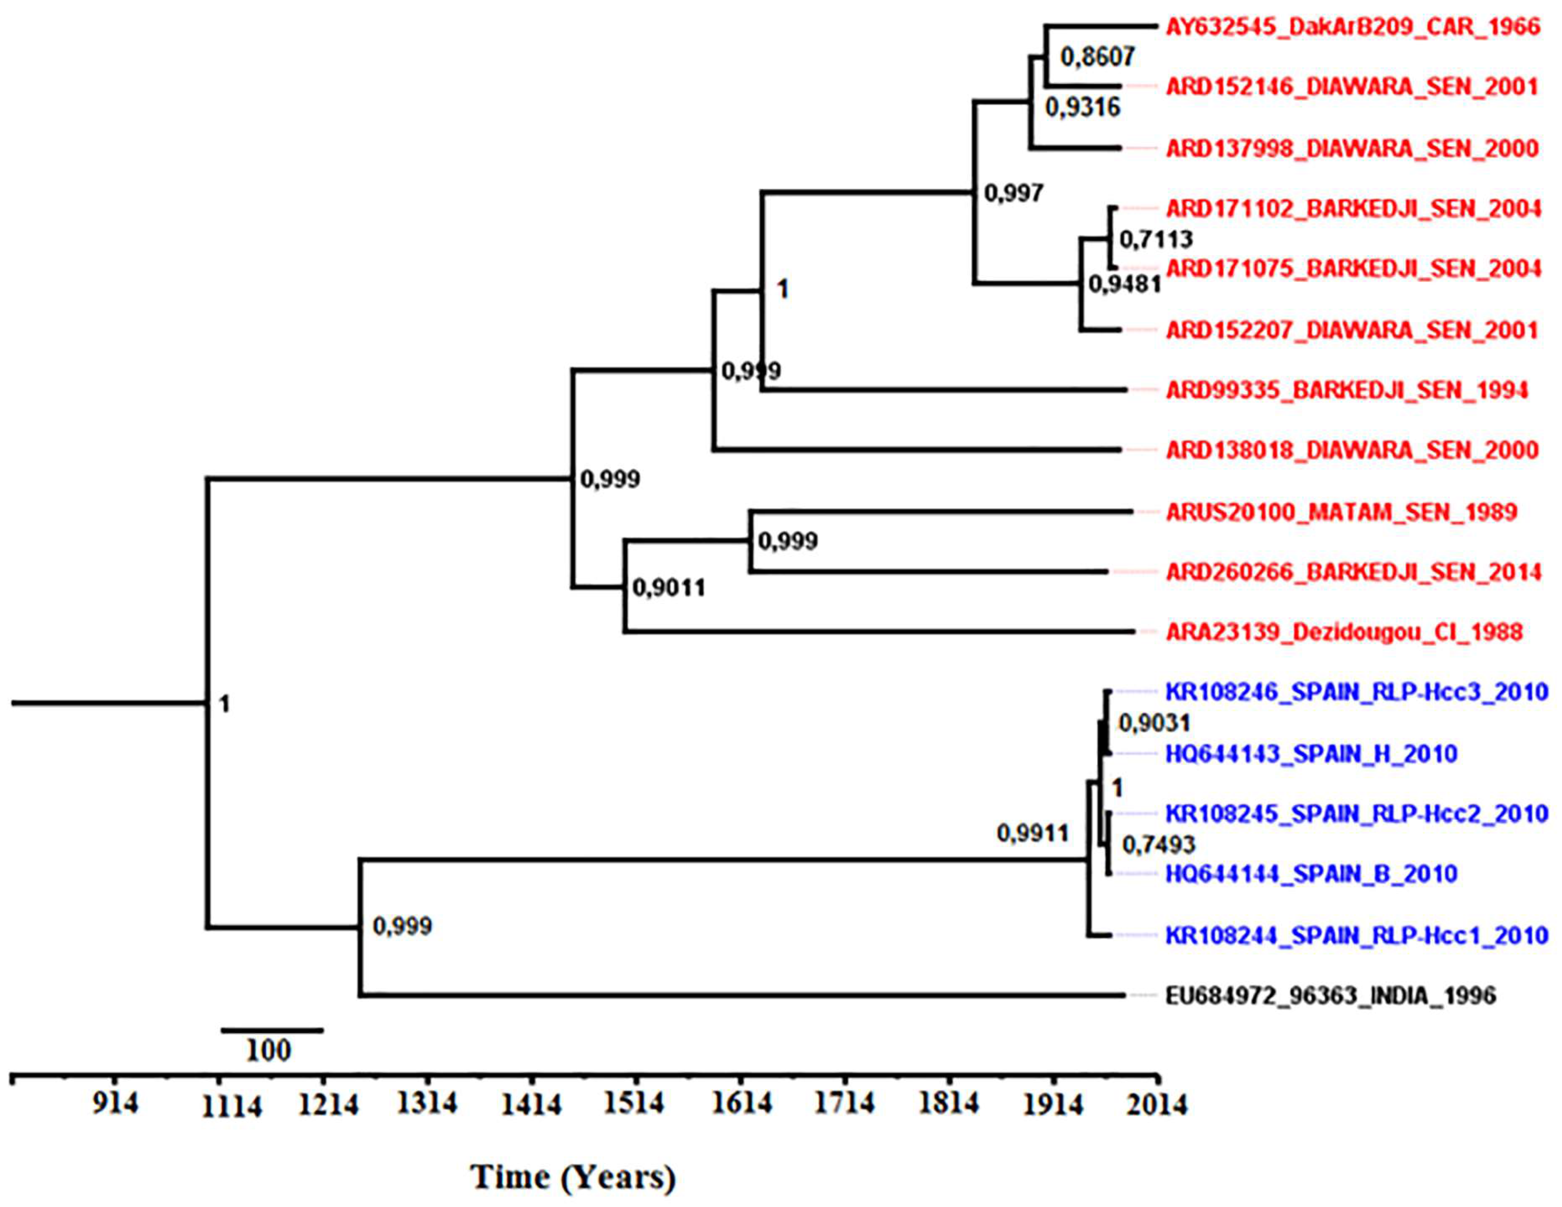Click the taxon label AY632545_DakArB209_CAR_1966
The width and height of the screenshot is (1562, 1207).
tap(1352, 27)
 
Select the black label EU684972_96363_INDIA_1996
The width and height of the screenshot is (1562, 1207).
tap(1330, 996)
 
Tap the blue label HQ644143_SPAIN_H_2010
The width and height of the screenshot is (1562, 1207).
tap(1311, 754)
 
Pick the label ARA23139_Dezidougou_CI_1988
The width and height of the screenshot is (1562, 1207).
tap(1344, 632)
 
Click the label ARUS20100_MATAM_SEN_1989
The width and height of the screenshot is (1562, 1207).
tap(1341, 512)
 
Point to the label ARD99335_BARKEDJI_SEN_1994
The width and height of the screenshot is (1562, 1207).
tap(1347, 390)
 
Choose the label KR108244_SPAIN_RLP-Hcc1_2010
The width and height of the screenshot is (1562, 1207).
tap(1357, 935)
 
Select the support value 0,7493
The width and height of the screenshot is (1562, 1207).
tap(1158, 845)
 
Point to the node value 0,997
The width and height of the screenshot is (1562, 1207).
tap(1013, 193)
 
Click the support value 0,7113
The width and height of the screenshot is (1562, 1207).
tap(1155, 239)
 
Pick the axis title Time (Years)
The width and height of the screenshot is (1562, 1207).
tap(572, 1176)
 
